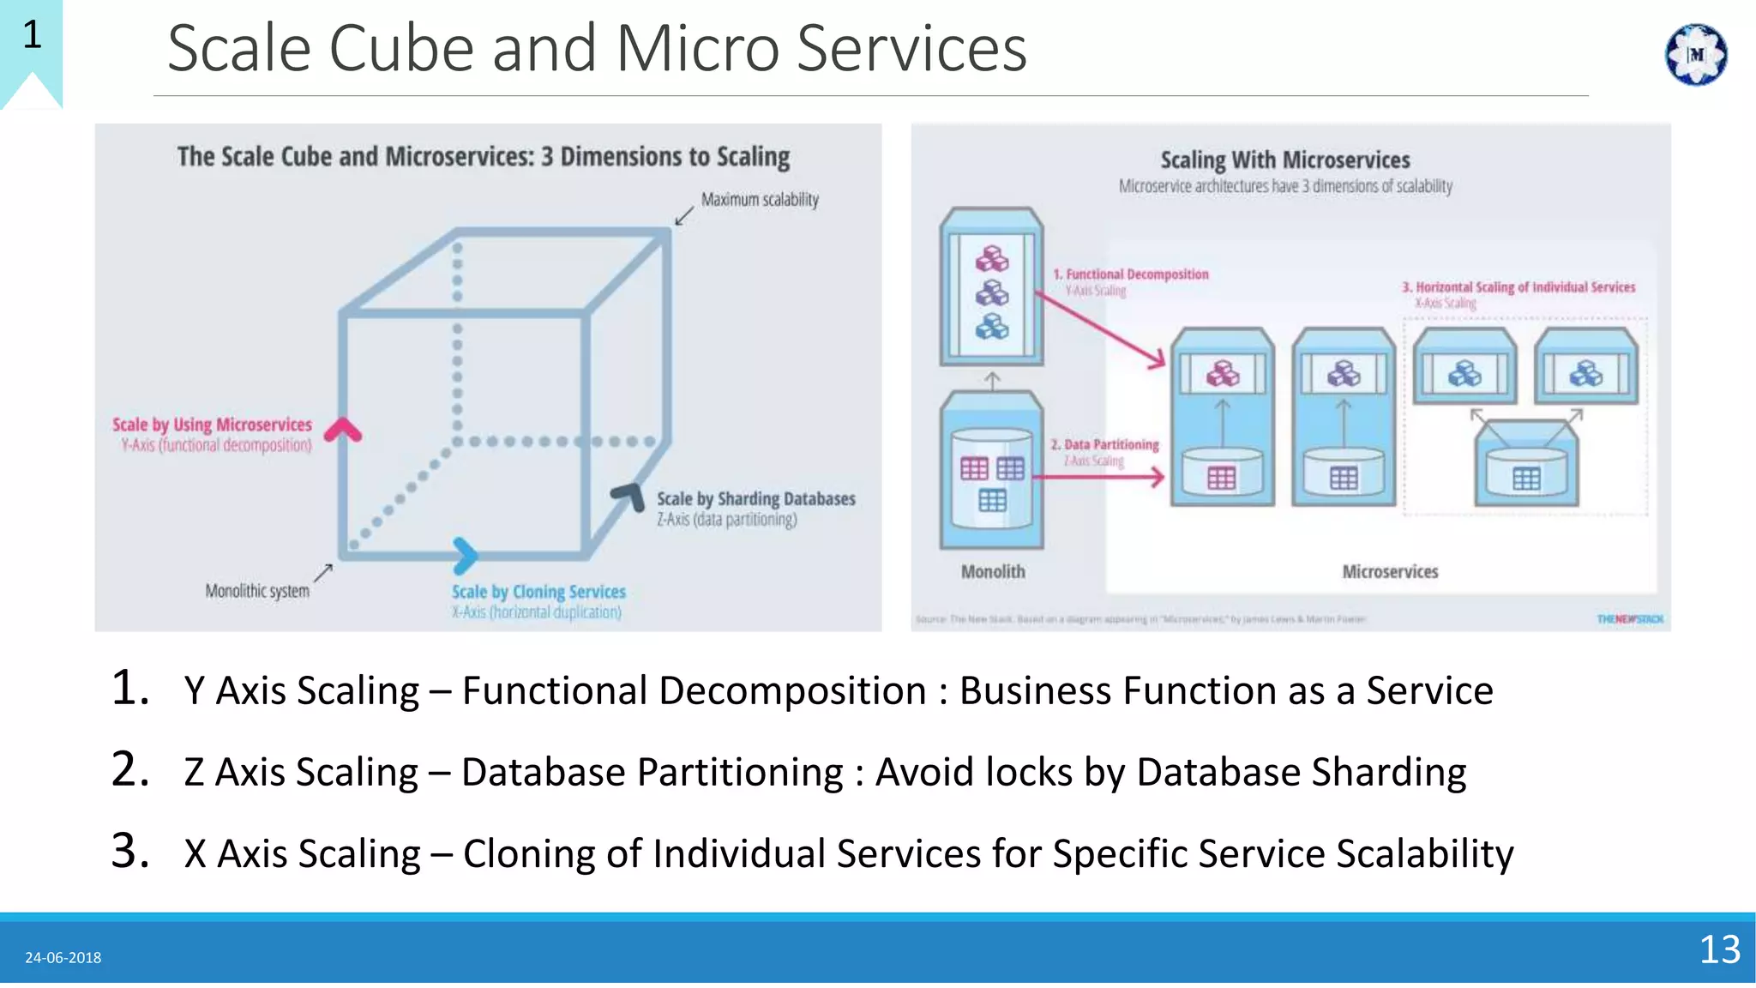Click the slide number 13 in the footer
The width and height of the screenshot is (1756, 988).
click(x=1719, y=950)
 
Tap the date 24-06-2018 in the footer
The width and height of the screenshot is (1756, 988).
click(x=63, y=958)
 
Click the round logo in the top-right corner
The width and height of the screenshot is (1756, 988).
click(x=1695, y=55)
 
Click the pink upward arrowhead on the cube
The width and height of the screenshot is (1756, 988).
click(x=344, y=429)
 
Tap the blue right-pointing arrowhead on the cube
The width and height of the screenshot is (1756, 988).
click(x=465, y=556)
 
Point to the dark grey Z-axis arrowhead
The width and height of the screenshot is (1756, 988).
click(x=629, y=496)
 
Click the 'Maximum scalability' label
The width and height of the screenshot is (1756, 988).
click(x=760, y=200)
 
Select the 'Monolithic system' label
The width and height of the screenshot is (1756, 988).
click(x=257, y=591)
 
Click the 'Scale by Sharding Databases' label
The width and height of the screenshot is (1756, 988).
click(x=755, y=499)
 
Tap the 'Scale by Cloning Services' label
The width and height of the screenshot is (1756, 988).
click(x=538, y=592)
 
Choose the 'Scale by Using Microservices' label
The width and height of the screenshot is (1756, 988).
click(x=212, y=425)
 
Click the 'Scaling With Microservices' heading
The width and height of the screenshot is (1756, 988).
click(x=1284, y=160)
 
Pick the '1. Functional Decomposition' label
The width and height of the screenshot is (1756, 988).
click(x=1131, y=274)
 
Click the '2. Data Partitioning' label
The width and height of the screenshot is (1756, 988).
click(x=1104, y=444)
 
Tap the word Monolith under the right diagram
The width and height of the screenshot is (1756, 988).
click(x=992, y=572)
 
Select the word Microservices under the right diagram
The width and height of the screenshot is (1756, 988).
click(x=1389, y=572)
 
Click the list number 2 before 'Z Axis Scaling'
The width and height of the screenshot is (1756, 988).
click(x=129, y=769)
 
